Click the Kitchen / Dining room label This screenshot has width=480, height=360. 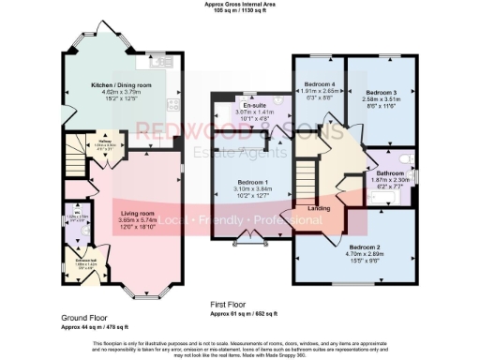(x=113, y=84)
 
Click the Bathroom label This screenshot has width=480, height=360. (x=391, y=172)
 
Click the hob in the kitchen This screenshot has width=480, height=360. (x=172, y=104)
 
